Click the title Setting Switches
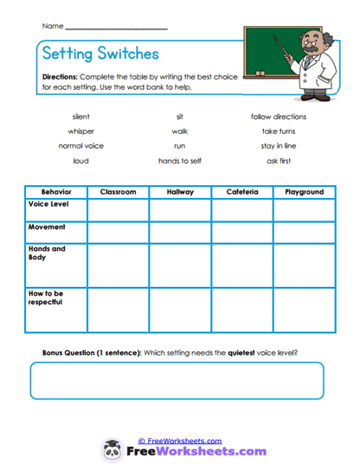coord(100,54)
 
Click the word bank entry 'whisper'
coord(80,131)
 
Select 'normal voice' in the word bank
coord(80,146)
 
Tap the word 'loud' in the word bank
coord(80,161)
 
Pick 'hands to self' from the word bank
coord(179,161)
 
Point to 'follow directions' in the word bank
coord(278,117)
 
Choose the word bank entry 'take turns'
coord(278,131)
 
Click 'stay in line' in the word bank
coord(278,146)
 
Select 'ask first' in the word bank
coord(278,161)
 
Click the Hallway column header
coord(179,192)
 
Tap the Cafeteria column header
coord(241,192)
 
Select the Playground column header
coord(304,192)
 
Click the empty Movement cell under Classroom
coord(118,232)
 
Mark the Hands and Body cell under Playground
coord(304,265)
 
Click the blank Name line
coord(116,29)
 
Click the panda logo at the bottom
coord(111,450)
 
